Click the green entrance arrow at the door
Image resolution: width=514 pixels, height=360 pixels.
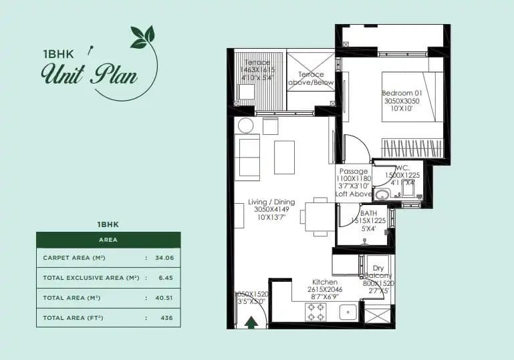tap(251, 323)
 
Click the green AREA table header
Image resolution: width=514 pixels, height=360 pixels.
tap(108, 239)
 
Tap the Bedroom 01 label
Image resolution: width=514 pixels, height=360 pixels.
tap(400, 92)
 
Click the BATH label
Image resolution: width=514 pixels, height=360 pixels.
tap(369, 213)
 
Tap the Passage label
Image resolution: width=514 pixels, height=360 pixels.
tap(354, 171)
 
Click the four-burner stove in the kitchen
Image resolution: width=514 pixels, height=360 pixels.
tap(315, 312)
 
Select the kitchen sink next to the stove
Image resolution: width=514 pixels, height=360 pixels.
tap(348, 312)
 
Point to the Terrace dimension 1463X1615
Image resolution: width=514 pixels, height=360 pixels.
tap(257, 70)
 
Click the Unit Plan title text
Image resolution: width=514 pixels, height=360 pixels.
tap(89, 73)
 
